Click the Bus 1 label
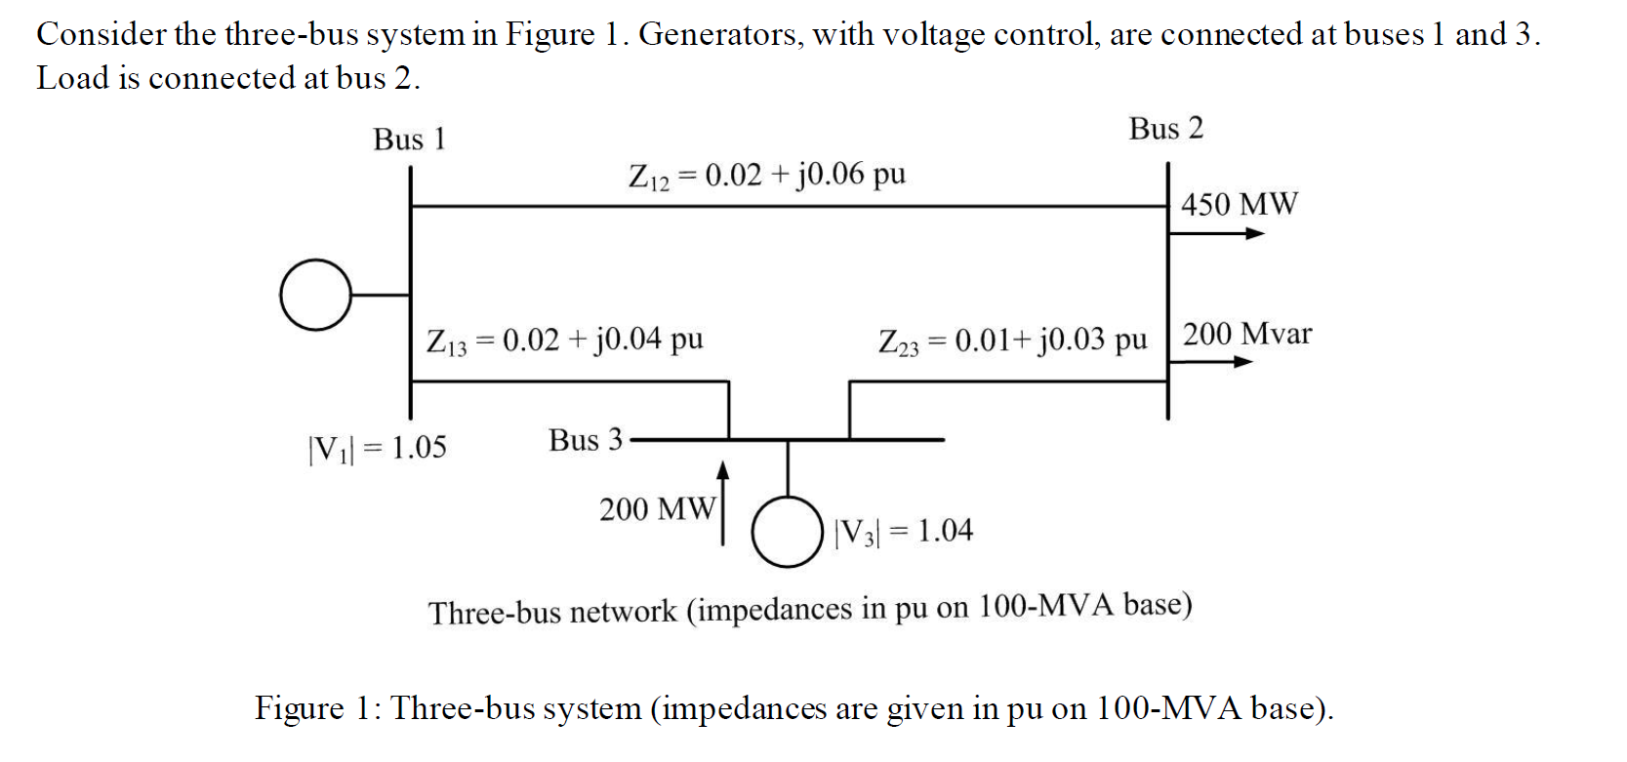[x=409, y=140]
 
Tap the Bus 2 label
[x=1165, y=129]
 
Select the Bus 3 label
[x=585, y=440]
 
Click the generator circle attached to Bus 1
[x=315, y=295]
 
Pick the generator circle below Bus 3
[x=787, y=532]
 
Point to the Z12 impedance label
[x=767, y=175]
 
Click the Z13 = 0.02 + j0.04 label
[x=564, y=341]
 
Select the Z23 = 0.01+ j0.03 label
[x=1012, y=341]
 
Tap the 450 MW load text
[x=1239, y=204]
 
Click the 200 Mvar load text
[x=1246, y=335]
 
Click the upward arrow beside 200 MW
[x=722, y=502]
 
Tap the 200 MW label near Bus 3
[x=657, y=509]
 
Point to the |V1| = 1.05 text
[x=377, y=448]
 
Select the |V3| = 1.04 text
[x=904, y=531]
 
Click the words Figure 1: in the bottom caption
[x=318, y=707]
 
